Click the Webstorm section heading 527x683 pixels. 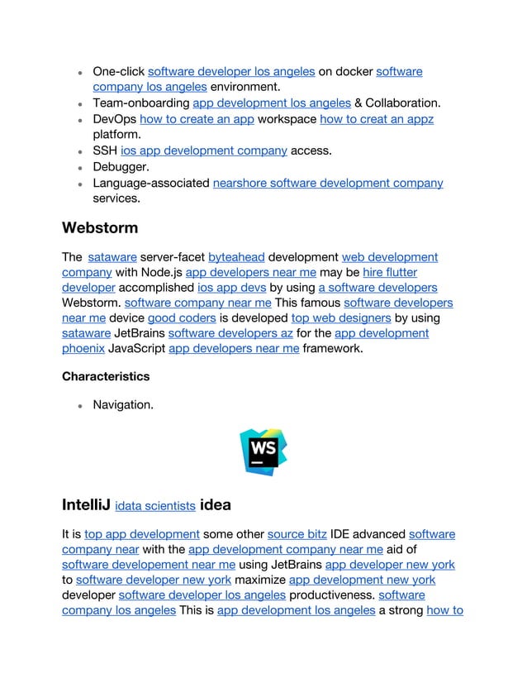click(100, 227)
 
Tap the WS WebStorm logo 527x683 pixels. click(263, 452)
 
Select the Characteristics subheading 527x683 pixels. click(106, 376)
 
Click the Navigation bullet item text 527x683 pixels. click(122, 405)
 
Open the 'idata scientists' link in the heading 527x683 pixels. click(155, 506)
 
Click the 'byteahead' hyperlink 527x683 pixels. click(236, 257)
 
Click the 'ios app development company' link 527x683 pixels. click(204, 150)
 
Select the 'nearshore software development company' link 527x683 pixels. click(328, 183)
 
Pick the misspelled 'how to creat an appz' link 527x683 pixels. click(377, 119)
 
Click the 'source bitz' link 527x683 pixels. click(297, 534)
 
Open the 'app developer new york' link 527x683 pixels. click(390, 565)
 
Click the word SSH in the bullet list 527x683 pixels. click(104, 150)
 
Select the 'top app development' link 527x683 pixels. click(142, 534)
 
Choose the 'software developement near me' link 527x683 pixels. click(149, 565)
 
